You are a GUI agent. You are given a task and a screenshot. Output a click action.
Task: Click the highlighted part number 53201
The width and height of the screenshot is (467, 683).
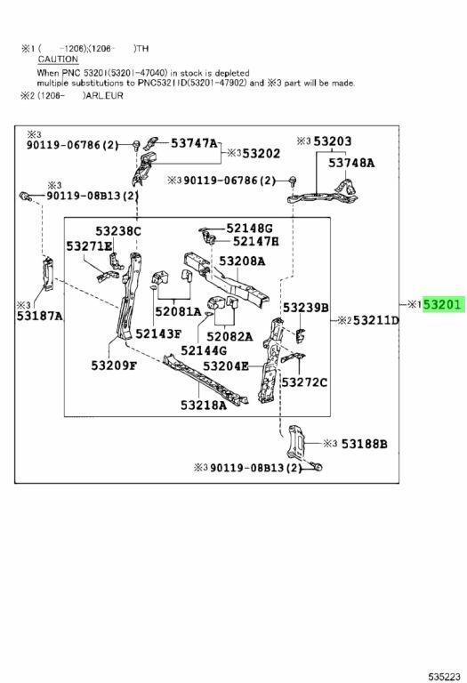point(442,304)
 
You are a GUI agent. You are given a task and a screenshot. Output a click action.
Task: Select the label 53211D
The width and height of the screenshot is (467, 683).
point(376,320)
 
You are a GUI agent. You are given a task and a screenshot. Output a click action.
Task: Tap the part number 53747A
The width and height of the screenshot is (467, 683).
point(194,143)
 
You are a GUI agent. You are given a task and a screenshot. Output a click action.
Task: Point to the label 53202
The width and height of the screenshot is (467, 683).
point(262,153)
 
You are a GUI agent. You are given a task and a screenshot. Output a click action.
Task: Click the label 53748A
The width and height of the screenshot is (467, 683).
point(351,163)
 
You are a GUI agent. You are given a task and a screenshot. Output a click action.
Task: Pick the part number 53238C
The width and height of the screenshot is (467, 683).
point(118,231)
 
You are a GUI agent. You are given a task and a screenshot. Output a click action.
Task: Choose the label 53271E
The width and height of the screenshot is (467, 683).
point(89,246)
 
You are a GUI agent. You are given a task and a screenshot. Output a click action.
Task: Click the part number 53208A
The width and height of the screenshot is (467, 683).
point(242,261)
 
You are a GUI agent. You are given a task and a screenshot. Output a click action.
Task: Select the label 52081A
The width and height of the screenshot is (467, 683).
point(178,311)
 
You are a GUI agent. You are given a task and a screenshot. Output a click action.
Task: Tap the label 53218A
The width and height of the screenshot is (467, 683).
point(204,406)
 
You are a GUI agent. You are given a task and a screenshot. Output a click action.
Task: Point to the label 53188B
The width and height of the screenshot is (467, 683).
point(364,444)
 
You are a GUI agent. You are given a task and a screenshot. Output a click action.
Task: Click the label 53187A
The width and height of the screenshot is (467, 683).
point(40,316)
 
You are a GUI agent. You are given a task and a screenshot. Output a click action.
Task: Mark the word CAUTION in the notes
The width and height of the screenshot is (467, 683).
point(58,60)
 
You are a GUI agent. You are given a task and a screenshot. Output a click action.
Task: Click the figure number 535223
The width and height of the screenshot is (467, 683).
point(444,677)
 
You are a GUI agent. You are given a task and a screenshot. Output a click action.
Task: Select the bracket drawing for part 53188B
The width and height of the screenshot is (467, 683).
point(295,441)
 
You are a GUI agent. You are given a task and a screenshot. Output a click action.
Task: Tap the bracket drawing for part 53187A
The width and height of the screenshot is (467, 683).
point(47,274)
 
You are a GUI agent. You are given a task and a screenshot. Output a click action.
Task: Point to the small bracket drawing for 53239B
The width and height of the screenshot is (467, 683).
point(300,335)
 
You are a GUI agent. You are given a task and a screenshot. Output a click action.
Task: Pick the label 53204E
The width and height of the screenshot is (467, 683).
point(226,366)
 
